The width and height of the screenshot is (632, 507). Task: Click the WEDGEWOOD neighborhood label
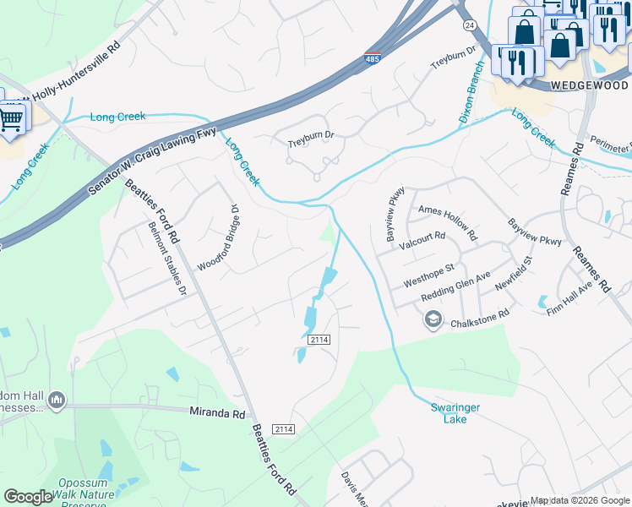[589, 86]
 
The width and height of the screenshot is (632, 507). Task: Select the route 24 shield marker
[469, 26]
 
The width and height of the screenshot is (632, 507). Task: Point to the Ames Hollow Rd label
[448, 210]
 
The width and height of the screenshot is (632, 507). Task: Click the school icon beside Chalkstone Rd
[433, 319]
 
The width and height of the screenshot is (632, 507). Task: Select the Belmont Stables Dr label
[167, 259]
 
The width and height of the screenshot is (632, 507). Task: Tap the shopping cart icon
[10, 118]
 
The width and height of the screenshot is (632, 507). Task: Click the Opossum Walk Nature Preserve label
[82, 493]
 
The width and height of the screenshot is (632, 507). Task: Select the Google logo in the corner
[28, 497]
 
